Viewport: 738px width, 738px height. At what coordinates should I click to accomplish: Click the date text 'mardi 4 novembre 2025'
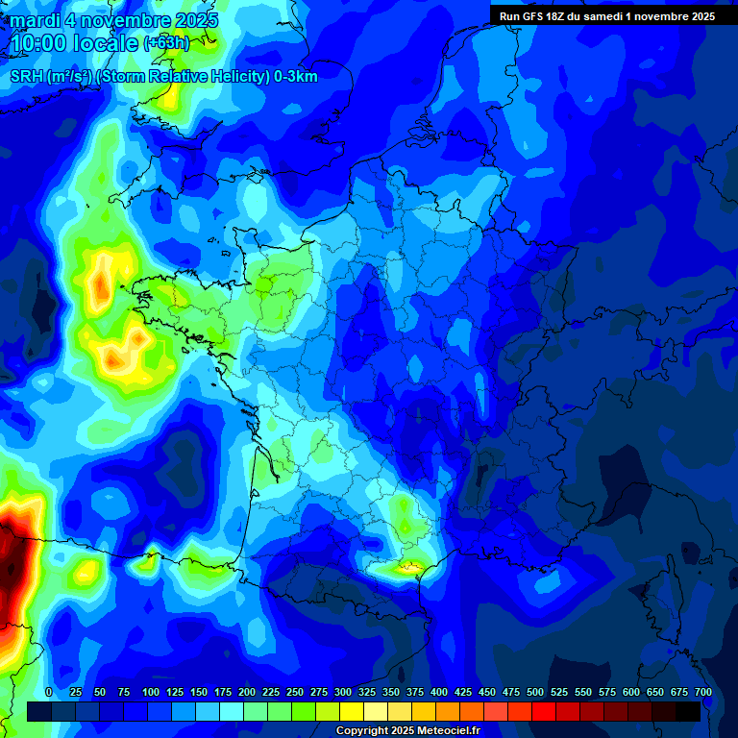[113, 20]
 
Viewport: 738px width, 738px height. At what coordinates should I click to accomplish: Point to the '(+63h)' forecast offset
[166, 42]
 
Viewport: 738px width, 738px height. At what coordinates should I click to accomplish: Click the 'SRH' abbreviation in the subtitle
[26, 77]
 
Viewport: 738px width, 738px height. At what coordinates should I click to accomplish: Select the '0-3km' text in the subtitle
[296, 77]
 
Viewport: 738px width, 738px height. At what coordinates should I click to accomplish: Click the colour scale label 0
[49, 692]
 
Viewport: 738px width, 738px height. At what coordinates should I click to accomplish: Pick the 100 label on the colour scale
[151, 692]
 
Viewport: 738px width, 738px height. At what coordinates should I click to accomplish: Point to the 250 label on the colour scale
[295, 692]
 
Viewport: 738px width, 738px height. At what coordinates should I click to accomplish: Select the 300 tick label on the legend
[343, 692]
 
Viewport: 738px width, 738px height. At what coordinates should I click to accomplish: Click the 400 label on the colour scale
[439, 692]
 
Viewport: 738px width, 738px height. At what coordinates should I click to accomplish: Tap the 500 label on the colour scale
[535, 692]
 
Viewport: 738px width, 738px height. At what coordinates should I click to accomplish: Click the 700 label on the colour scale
[703, 692]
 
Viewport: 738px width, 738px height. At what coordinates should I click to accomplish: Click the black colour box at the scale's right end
[687, 711]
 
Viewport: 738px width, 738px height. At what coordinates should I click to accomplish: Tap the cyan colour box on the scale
[231, 711]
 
